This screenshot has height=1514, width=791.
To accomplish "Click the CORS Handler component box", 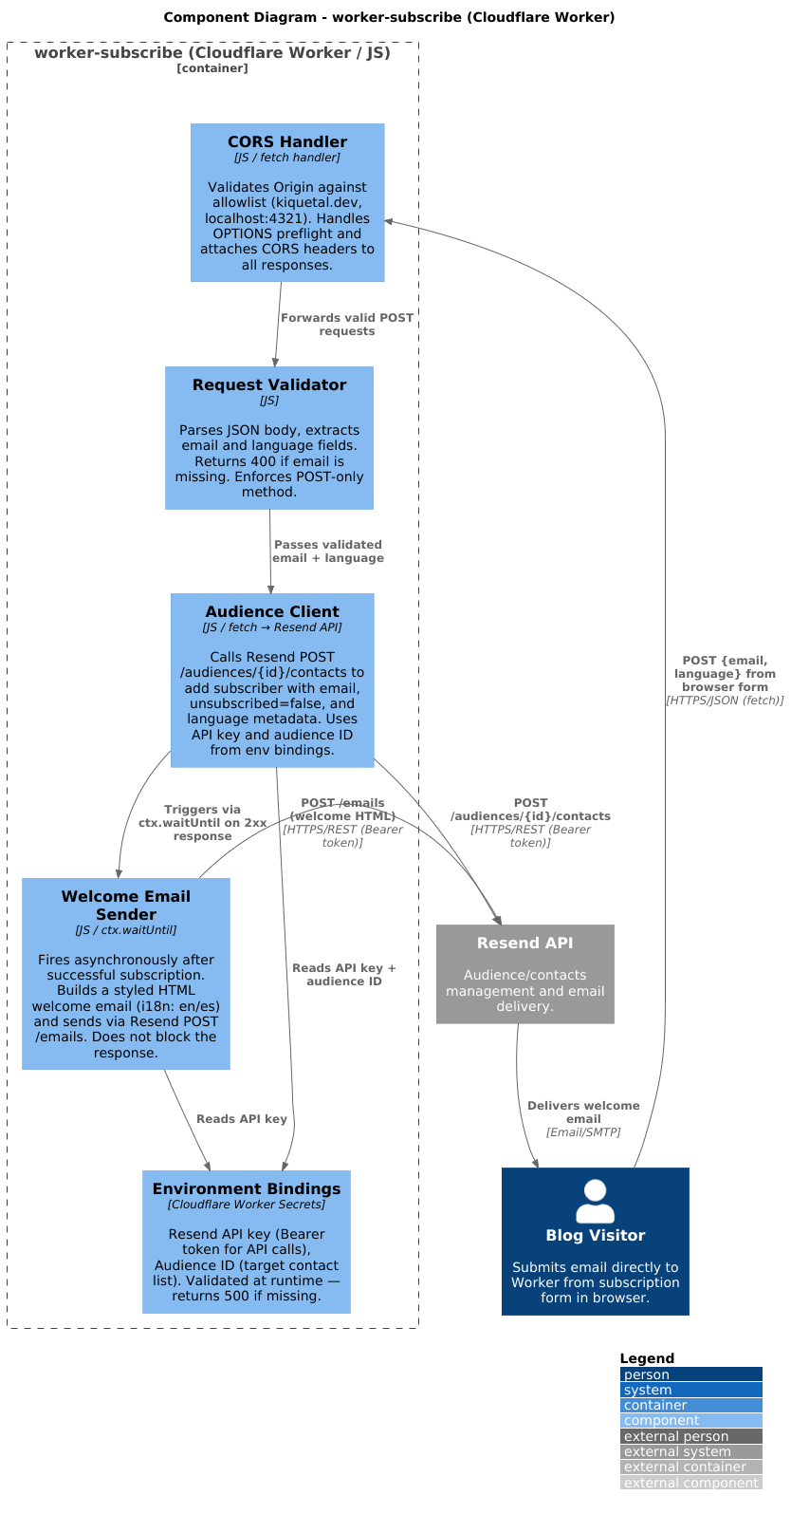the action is point(287,202).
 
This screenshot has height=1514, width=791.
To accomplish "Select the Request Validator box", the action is point(268,438).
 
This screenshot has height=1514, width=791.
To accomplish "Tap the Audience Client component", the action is point(272,680).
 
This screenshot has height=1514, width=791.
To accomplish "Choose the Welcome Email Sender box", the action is point(125,973).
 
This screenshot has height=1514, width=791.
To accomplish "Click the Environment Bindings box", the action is point(247,1242).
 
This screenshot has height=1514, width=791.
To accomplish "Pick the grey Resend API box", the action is point(524,974).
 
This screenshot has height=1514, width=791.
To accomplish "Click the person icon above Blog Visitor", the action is point(595,1201).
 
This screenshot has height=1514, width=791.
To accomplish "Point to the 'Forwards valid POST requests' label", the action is point(346,325).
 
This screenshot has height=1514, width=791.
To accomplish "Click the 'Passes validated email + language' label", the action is point(327,551).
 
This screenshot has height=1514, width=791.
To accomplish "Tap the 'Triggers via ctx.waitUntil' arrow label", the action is point(203,823).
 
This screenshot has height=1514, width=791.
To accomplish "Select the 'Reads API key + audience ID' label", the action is point(344,975).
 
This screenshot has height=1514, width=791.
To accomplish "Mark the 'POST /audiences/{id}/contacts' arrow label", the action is point(530,823).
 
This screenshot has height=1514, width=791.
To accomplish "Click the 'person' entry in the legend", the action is point(691,1374).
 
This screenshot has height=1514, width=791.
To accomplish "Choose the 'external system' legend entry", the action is point(691,1451).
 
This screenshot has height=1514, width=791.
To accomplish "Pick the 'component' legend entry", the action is point(691,1420).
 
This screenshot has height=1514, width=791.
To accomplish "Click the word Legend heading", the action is point(647,1358).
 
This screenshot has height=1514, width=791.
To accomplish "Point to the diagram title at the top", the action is point(389,17).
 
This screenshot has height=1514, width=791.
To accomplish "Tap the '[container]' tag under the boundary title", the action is point(212,68).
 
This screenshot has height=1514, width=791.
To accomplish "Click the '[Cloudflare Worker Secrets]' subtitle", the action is point(247,1205).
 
